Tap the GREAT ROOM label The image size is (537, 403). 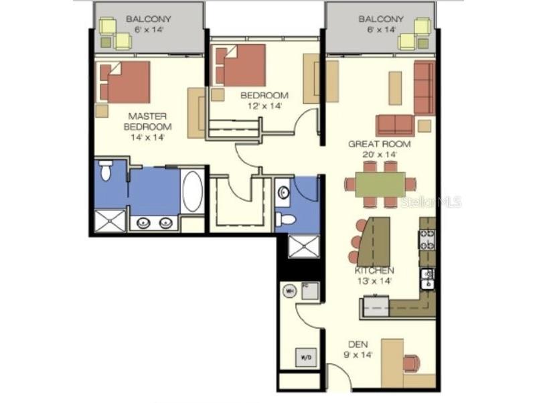379,144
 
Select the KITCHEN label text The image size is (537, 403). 374,270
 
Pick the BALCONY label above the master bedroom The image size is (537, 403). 149,19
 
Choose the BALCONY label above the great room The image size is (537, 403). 380,19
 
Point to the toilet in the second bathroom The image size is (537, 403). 286,220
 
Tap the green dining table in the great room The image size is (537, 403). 380,184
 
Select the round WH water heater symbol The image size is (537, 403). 289,291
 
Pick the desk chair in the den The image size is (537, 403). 410,363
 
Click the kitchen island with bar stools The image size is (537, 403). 376,240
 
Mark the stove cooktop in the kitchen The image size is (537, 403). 427,239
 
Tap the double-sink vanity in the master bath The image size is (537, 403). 154,223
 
